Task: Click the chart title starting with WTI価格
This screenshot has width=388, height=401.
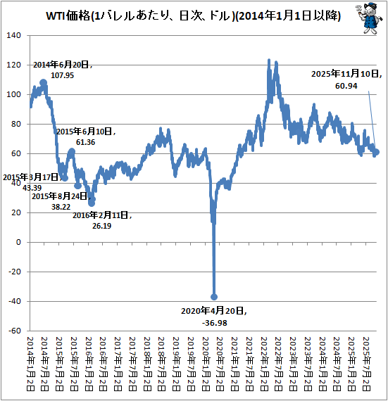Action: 184,15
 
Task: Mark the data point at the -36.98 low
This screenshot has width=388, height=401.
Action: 214,297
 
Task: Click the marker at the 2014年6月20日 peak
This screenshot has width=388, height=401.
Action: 44,83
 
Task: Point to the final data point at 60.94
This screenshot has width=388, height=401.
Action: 376,152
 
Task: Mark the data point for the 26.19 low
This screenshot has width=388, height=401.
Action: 92,203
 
